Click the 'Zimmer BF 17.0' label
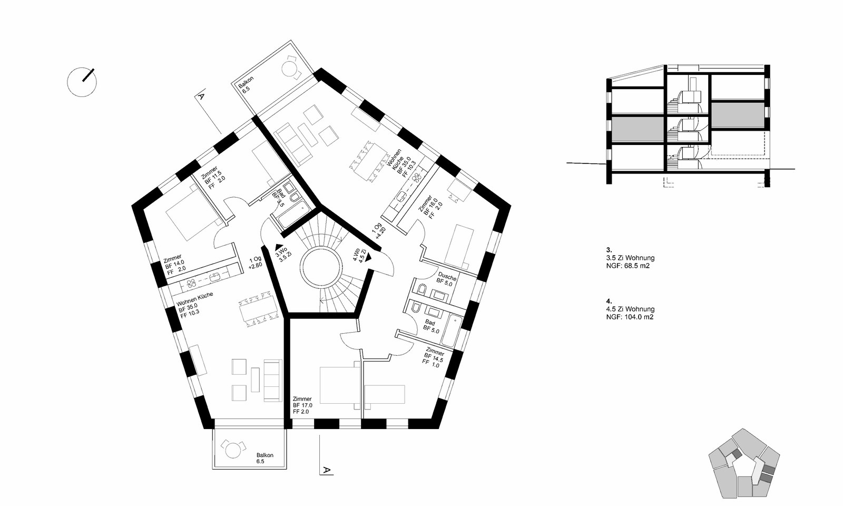coord(302,405)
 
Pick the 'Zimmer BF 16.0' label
coord(430,207)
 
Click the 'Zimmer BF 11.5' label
coord(213,177)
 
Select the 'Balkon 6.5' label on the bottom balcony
coord(264,458)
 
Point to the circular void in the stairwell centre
coord(322,267)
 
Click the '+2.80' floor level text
coord(255,266)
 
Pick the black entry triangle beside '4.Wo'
coord(368,257)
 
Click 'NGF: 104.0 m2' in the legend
coord(630,317)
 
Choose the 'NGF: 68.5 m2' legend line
coord(628,266)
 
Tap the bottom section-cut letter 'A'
coord(327,470)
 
